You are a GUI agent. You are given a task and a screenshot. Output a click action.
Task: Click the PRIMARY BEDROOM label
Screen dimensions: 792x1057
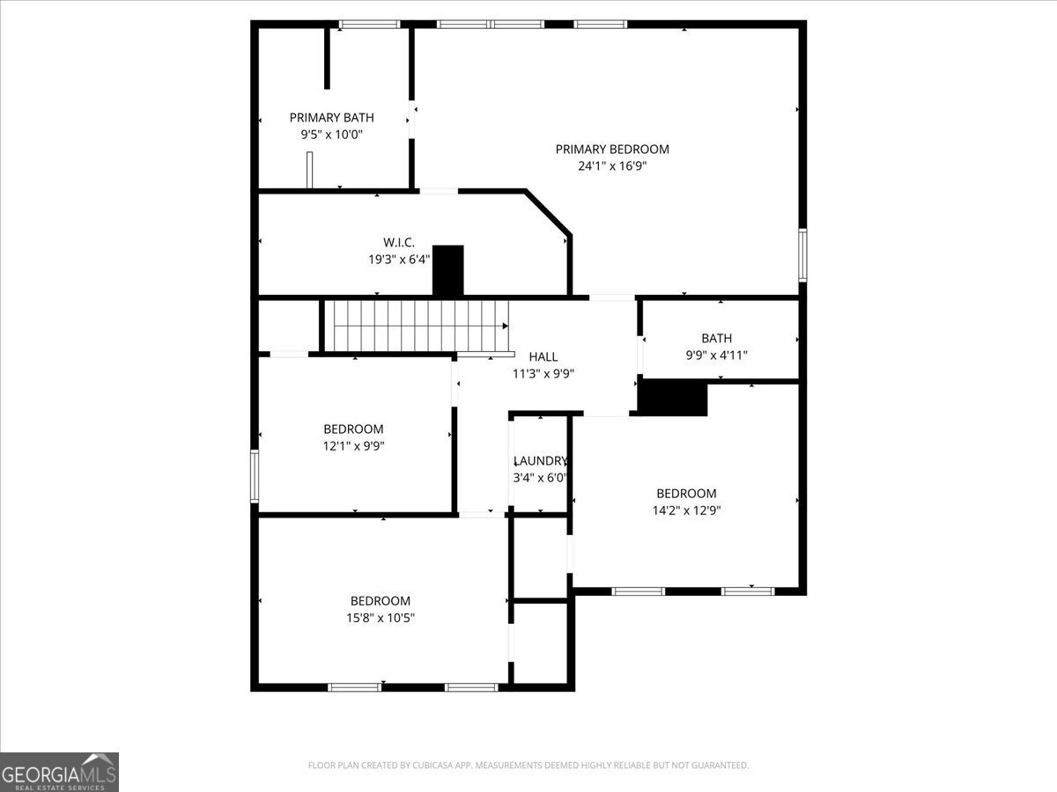(612, 149)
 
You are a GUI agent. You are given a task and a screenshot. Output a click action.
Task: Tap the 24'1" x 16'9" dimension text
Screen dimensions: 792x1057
(612, 165)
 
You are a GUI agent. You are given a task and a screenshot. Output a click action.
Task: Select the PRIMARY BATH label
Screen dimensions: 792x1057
(331, 117)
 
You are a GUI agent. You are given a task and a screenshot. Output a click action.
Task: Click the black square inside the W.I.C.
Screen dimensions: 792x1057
(448, 270)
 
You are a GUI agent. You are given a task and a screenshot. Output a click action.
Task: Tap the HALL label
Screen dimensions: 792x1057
(543, 356)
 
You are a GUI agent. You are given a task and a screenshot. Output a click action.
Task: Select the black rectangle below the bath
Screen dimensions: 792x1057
(672, 399)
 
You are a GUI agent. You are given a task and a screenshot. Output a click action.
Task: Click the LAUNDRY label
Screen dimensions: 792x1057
(540, 461)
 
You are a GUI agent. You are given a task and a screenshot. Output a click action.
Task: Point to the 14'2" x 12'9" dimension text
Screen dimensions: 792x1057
(686, 510)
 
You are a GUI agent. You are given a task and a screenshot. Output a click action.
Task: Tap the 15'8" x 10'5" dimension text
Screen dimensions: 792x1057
(380, 618)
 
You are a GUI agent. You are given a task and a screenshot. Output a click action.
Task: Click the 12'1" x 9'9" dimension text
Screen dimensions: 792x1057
(353, 446)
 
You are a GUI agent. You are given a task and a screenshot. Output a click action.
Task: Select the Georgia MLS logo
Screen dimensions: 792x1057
(59, 772)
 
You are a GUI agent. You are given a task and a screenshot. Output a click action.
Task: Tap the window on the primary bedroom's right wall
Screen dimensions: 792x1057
(802, 255)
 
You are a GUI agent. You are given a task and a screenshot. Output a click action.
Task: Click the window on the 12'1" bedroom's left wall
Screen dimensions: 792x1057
(255, 476)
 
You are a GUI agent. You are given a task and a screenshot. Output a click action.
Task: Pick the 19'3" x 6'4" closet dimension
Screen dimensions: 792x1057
(398, 260)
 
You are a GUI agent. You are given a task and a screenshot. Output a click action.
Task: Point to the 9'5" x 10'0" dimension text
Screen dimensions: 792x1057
(331, 135)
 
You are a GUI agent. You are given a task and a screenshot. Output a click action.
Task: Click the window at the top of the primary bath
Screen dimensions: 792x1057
(370, 25)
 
